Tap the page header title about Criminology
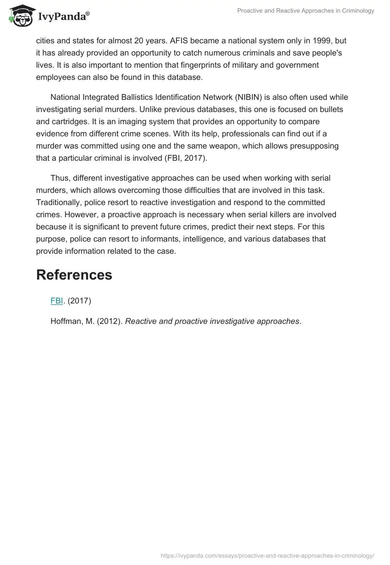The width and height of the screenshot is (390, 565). click(306, 11)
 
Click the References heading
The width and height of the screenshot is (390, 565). click(74, 275)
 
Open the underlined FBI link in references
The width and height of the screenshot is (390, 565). click(57, 301)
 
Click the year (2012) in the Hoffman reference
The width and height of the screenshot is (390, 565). click(112, 321)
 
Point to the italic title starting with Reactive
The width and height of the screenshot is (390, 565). click(212, 321)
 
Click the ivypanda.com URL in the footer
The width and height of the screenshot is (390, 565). click(267, 555)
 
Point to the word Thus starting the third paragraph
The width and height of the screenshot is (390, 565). click(59, 178)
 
